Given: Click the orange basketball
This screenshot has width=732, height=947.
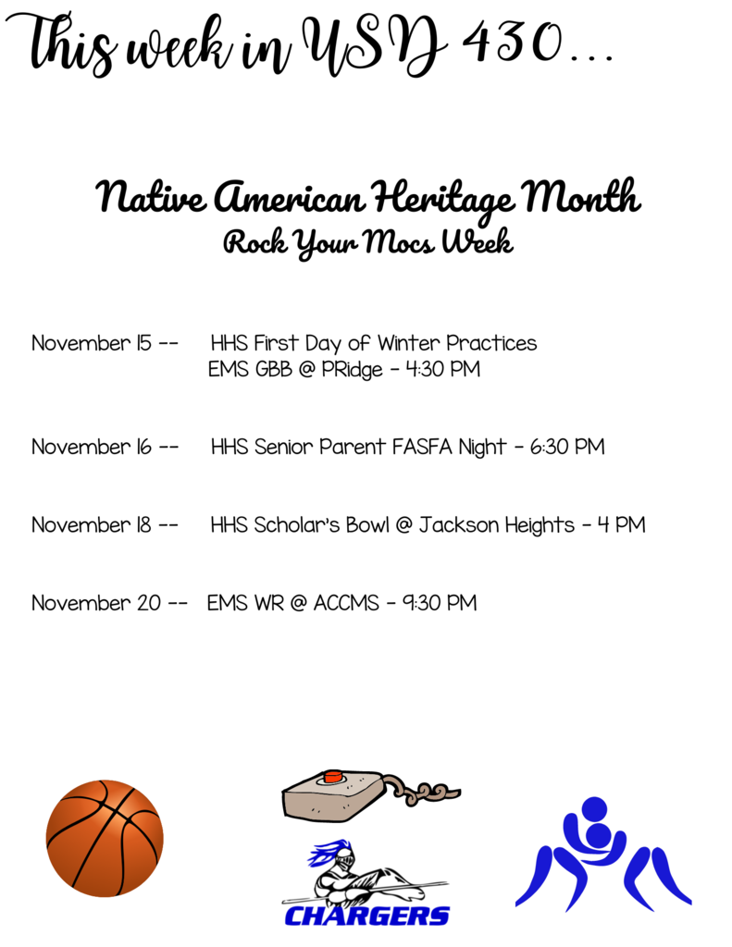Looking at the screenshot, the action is coord(105,838).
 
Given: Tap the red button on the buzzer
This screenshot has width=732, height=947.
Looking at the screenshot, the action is coord(332,776).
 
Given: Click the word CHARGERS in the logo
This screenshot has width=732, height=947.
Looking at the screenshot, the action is coord(366,916).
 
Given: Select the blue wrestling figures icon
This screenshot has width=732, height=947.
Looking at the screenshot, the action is coord(602,854).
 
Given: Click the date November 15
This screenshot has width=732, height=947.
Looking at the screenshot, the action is coord(92,343).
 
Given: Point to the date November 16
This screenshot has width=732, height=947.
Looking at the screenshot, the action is coord(92,447).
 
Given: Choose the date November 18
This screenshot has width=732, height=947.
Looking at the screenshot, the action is coord(92,525).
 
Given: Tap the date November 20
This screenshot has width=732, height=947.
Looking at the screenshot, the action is coord(96,603).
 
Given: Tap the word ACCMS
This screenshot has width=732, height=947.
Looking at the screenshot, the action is coord(346,603).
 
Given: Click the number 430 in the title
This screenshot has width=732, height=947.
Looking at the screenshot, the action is coord(512,43).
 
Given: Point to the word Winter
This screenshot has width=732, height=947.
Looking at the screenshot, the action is coord(409,343).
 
